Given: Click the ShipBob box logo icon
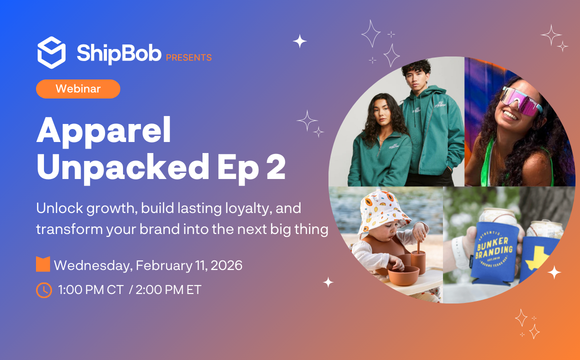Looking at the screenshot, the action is coord(51,53).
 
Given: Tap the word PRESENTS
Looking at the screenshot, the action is coord(189,58).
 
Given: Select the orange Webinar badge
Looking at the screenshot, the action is coord(78,89).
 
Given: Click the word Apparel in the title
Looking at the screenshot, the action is coord(104,130).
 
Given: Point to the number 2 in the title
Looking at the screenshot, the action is coord(276,166).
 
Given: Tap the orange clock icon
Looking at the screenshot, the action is coord(44,290).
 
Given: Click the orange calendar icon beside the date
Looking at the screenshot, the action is coord(43,264).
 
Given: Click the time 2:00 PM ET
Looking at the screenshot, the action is coord(168,290).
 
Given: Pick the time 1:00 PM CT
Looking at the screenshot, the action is coord(91,290).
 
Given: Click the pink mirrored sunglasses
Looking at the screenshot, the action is coord(521,101).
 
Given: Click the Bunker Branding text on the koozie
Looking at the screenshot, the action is coord(494,249).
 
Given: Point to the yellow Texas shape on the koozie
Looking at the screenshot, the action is coord(538,258).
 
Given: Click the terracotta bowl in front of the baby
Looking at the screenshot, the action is coord(404,276).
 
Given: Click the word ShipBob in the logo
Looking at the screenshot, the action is coord(119,53).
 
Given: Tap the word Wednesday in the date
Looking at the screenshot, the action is coord(93,266).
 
